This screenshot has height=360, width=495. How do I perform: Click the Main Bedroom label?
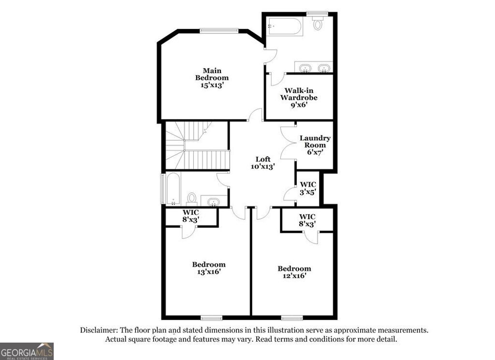tap(212, 77)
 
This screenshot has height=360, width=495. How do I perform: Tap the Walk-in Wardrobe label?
tap(299, 97)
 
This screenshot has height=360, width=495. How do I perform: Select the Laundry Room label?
tap(315, 145)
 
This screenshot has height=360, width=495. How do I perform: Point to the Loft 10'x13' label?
tap(263, 163)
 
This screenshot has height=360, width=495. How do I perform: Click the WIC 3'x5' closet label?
tap(308, 188)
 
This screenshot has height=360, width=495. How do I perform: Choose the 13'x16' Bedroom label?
tap(209, 268)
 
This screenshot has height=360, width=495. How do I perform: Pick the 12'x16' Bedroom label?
tap(294, 272)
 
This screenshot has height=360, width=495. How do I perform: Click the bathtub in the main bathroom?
tap(285, 27)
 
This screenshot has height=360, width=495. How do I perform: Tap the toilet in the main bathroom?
tap(318, 23)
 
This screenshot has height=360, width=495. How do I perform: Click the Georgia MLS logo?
tap(27, 351)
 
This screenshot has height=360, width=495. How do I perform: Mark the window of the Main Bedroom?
tap(219, 30)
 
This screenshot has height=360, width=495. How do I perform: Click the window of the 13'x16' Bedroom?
tap(211, 317)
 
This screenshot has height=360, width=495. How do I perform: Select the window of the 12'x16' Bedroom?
tap(291, 317)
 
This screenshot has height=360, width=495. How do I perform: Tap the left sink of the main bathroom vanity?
tap(306, 68)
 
